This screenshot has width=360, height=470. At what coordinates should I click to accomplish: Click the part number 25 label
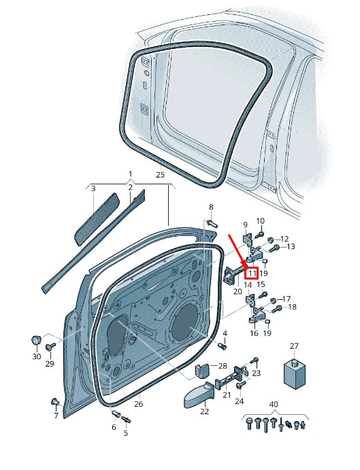coord(160,175)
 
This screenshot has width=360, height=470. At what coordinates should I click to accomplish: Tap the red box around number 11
coord(251,273)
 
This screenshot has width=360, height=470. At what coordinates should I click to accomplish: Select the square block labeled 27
coord(294,372)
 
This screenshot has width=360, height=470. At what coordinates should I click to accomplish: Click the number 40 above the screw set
coord(274,405)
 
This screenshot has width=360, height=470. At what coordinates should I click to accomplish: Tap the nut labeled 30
coord(36,339)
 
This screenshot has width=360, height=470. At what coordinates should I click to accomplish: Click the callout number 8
coord(210,207)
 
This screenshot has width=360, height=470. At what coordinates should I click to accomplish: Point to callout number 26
coord(139,404)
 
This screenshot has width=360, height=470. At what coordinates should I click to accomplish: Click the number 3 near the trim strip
coord(93,188)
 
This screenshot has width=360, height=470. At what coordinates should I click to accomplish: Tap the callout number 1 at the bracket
coord(130,175)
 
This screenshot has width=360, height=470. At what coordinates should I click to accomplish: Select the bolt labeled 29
coord(50,348)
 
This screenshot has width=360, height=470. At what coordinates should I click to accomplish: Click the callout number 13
coord(291,246)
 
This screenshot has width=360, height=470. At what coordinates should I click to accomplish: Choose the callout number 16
coord(253,334)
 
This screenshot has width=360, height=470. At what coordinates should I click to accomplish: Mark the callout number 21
coord(227,395)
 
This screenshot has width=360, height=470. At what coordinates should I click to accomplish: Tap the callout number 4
coord(225,333)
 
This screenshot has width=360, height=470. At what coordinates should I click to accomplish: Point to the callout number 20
coord(238,291)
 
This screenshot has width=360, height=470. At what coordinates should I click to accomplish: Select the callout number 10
coord(260,221)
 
